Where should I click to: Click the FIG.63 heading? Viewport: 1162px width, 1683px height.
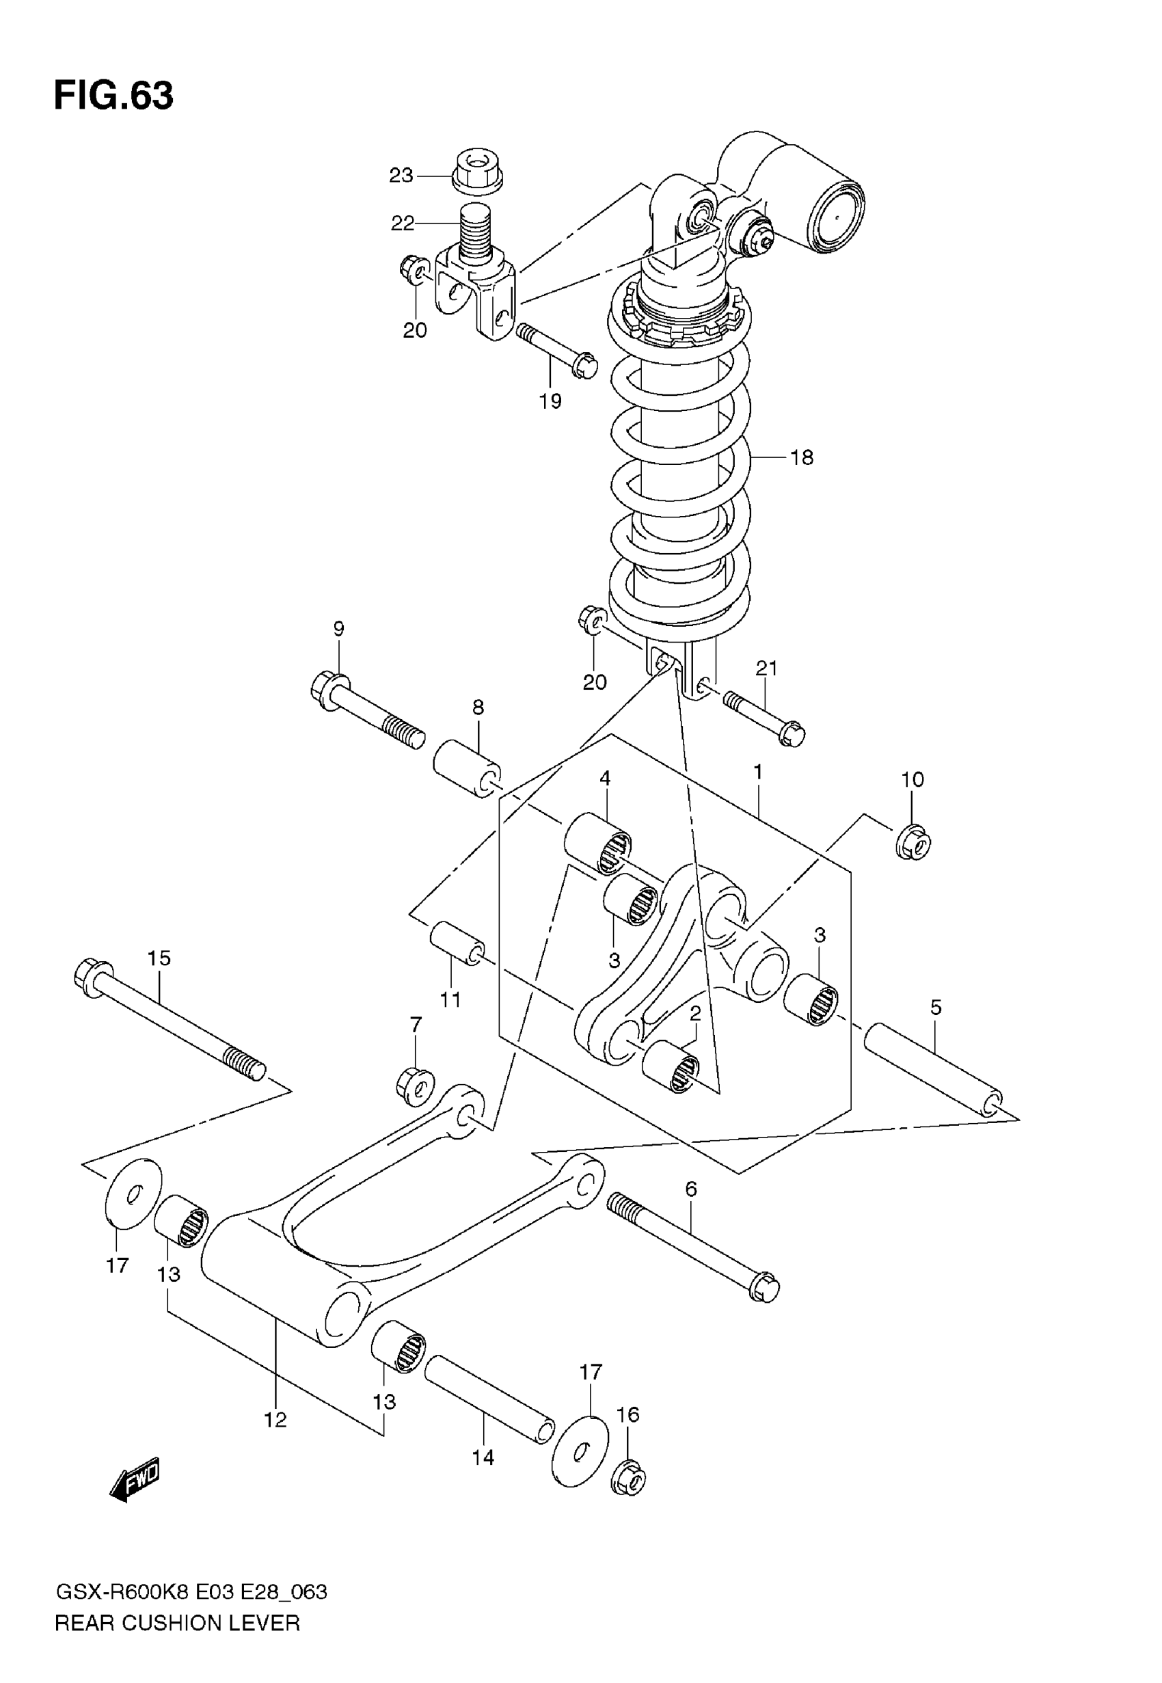pyautogui.click(x=113, y=95)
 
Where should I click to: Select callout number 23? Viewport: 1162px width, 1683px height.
pyautogui.click(x=401, y=176)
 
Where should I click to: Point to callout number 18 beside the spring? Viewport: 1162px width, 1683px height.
pyautogui.click(x=802, y=457)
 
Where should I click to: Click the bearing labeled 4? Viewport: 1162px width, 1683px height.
pyautogui.click(x=597, y=843)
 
